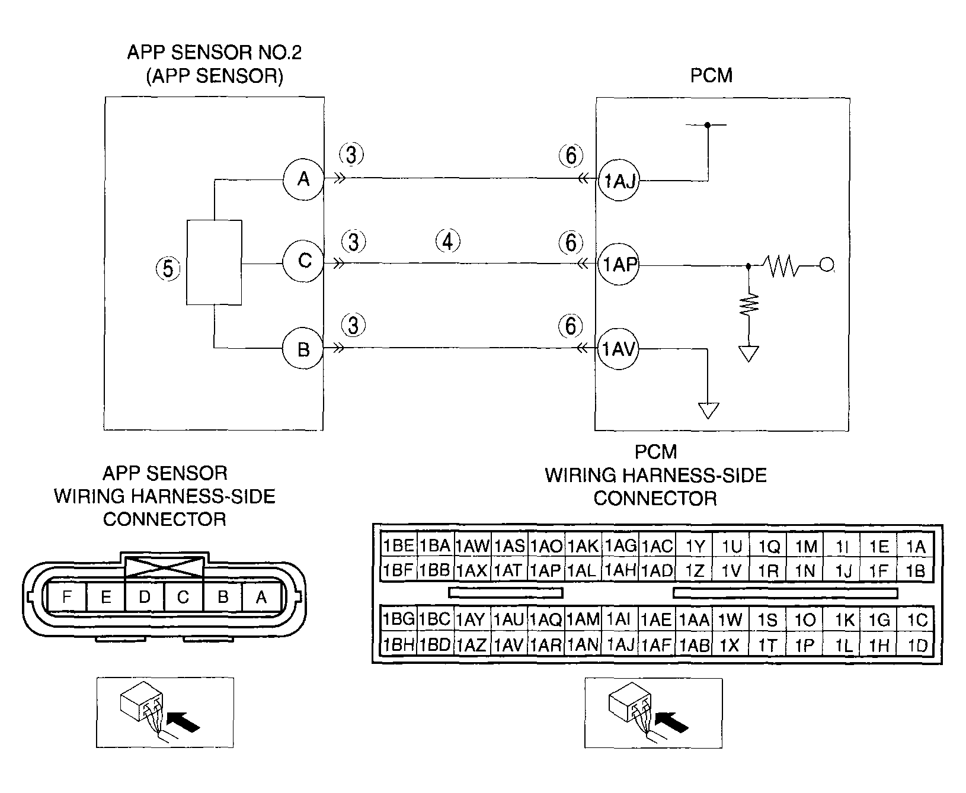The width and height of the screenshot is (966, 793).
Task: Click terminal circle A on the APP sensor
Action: coord(303,178)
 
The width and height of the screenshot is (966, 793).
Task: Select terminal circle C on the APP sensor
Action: coord(303,261)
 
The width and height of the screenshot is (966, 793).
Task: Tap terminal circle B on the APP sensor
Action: coord(303,349)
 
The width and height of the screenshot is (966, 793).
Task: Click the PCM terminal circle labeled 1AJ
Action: coord(619,181)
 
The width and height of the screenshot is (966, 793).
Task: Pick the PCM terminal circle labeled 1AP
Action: coord(619,265)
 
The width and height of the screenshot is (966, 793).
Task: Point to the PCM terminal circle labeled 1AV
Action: coord(619,350)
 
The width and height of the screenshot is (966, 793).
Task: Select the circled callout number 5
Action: coord(168,269)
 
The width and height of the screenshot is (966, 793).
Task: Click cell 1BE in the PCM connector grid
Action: coord(398,545)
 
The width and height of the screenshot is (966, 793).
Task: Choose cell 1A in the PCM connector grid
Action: coord(916,545)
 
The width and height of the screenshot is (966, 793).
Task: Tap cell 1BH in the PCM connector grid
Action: coord(398,644)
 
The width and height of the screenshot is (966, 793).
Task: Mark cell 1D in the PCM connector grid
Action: coord(916,644)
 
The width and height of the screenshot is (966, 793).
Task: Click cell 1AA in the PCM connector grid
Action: coord(694,619)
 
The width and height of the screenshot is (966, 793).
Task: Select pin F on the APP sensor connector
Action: coord(67,597)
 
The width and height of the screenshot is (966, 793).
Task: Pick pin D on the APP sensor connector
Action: coord(145,597)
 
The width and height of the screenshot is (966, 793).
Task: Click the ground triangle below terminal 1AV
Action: coord(709,410)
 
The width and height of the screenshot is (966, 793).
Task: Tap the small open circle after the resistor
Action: coord(826,265)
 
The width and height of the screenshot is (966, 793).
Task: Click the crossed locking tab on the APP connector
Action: coord(164,567)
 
